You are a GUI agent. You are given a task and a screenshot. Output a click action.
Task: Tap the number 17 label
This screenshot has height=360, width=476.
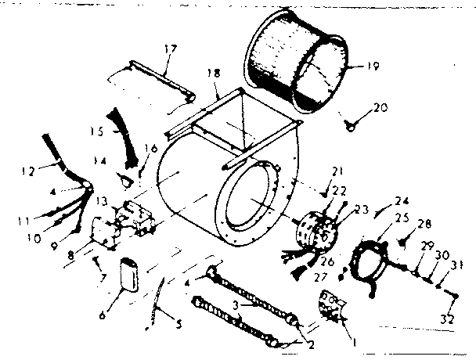coord(170,48)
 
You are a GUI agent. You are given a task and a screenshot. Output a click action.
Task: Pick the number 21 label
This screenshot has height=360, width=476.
coord(338,172)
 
